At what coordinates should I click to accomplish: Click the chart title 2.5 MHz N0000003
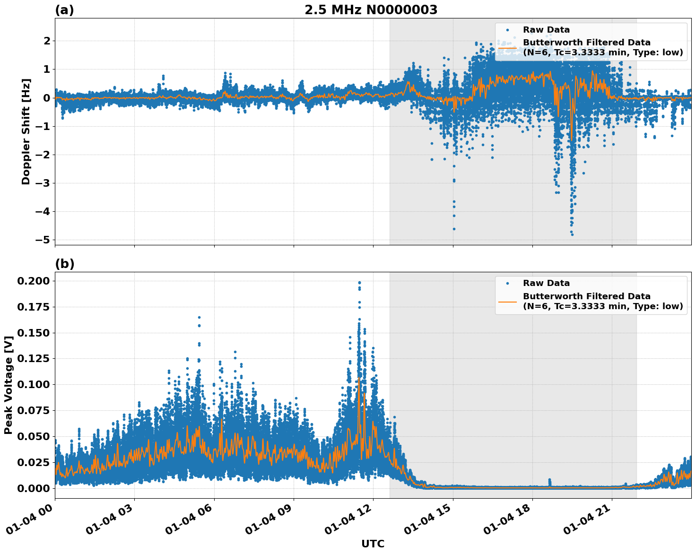coord(371,10)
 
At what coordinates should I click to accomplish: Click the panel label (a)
coord(64,10)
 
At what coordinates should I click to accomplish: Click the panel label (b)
coord(64,264)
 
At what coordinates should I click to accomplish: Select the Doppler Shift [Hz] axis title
coord(26,131)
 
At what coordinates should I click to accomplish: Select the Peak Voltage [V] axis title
coord(8,385)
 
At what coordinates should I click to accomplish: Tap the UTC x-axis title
coord(373,544)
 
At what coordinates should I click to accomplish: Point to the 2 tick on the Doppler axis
coord(47,41)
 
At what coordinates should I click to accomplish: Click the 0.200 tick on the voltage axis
coord(33,281)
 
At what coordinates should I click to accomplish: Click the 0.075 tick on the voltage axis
coord(33,411)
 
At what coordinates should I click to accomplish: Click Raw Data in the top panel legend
coord(546,30)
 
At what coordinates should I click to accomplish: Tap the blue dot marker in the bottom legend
coord(507,283)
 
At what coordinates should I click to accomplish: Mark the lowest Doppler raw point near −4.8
coord(572,234)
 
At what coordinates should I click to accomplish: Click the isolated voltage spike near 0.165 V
coord(199,318)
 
